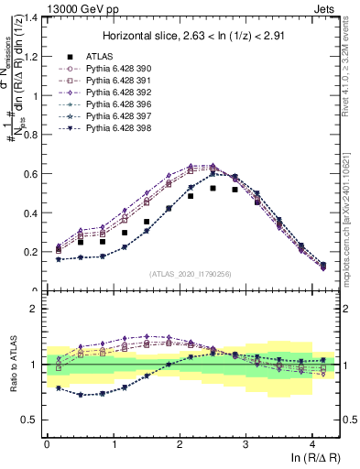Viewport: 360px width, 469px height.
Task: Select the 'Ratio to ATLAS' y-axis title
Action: tap(12, 365)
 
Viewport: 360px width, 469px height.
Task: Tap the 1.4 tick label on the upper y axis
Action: tap(31, 17)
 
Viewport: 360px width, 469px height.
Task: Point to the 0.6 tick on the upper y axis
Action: tap(31, 173)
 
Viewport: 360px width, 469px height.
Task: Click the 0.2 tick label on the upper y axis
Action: tap(31, 251)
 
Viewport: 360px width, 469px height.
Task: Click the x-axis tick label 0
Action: tap(47, 442)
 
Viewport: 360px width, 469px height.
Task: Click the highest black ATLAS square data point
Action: tap(213, 189)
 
